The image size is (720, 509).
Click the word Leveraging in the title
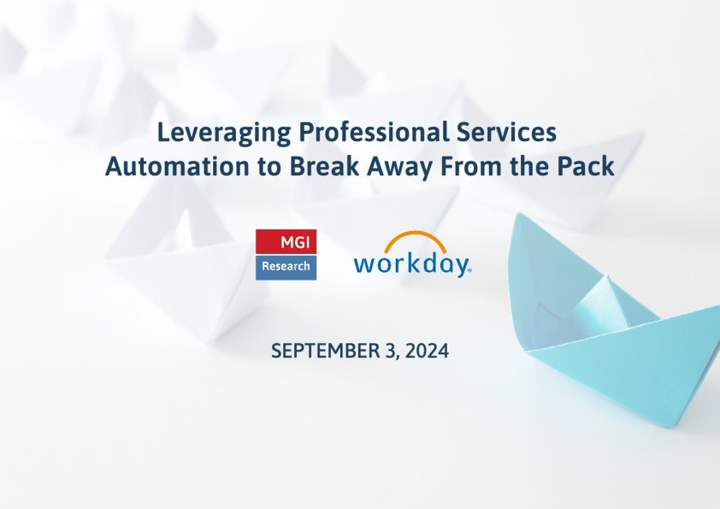[224, 133]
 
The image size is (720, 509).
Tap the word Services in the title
[506, 132]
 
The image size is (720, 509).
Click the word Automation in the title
[177, 166]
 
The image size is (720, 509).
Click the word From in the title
[471, 166]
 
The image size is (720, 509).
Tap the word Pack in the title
[586, 166]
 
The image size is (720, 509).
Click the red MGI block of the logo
[286, 241]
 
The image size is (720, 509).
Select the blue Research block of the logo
[286, 267]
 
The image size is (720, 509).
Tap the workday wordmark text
[412, 265]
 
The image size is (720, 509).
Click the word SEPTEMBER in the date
[326, 351]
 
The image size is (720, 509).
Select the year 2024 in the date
[427, 351]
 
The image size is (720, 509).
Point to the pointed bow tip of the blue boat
[518, 214]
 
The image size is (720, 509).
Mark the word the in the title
[530, 166]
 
